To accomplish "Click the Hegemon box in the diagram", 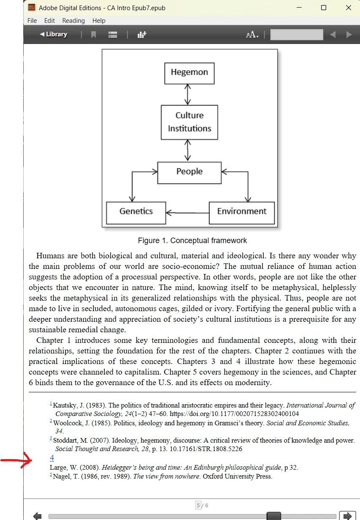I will (x=189, y=73).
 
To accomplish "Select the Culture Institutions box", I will (x=189, y=122).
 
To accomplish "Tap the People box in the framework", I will (x=189, y=172).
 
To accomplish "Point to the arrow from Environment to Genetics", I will (x=188, y=213).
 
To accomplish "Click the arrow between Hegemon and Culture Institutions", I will (x=188, y=94).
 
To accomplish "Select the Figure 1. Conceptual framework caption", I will (x=192, y=241).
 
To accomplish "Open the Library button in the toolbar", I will (x=54, y=35).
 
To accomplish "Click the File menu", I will (x=32, y=21).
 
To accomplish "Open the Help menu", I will (x=99, y=21).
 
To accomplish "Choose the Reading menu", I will (x=74, y=21).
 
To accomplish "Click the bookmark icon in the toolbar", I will (x=94, y=35).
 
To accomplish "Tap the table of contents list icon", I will (x=113, y=35).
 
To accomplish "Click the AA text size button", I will (x=252, y=35).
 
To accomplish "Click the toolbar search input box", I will (x=297, y=35).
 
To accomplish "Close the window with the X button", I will (x=349, y=8).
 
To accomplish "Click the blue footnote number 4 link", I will (x=52, y=458).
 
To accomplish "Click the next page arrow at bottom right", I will (x=348, y=516).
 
